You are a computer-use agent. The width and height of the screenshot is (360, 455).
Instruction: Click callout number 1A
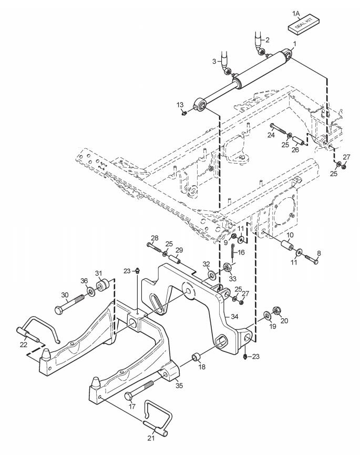pos(296,13)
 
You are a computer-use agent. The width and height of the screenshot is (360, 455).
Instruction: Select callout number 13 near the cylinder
pos(180,105)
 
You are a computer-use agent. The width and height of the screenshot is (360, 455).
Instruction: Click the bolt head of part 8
pos(316,262)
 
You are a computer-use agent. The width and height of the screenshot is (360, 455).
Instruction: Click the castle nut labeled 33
pos(227,267)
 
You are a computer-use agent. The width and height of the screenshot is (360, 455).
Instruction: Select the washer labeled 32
pos(212,274)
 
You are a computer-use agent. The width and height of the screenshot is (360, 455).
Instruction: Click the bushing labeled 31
pos(102,285)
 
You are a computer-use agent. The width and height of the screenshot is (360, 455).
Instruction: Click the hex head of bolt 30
pos(59,310)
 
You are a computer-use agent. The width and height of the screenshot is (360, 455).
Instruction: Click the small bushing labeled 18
pos(197,356)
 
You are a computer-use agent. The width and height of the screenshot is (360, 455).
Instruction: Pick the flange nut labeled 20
pos(276,311)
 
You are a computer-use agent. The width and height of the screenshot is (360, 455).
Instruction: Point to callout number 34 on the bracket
pos(234,317)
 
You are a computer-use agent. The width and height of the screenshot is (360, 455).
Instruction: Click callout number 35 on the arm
pos(179,386)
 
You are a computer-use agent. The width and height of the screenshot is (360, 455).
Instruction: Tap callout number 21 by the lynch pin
pos(151,438)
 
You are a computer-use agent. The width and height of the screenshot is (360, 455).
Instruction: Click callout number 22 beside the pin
pos(24,345)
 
